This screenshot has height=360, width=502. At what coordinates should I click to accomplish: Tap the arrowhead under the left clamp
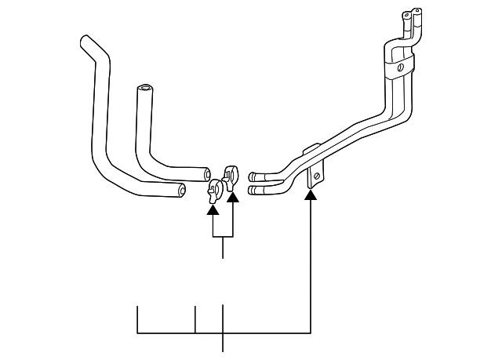[x=212, y=208]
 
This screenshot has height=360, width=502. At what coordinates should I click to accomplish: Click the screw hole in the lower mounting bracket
[x=315, y=175]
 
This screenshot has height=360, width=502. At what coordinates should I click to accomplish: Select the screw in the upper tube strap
[x=399, y=68]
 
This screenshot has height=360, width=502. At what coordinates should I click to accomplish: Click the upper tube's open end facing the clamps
[x=253, y=176]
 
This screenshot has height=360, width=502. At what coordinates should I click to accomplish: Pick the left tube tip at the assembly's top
[x=406, y=13]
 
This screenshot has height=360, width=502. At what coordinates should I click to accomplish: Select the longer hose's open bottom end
[x=182, y=188]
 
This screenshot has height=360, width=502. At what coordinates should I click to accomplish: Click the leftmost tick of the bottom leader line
[x=138, y=318]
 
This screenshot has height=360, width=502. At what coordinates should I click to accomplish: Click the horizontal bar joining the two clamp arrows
[x=222, y=236]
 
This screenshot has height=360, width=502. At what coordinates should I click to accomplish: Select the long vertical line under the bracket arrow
[x=312, y=267]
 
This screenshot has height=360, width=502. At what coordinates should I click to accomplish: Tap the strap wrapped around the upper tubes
[x=397, y=61]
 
